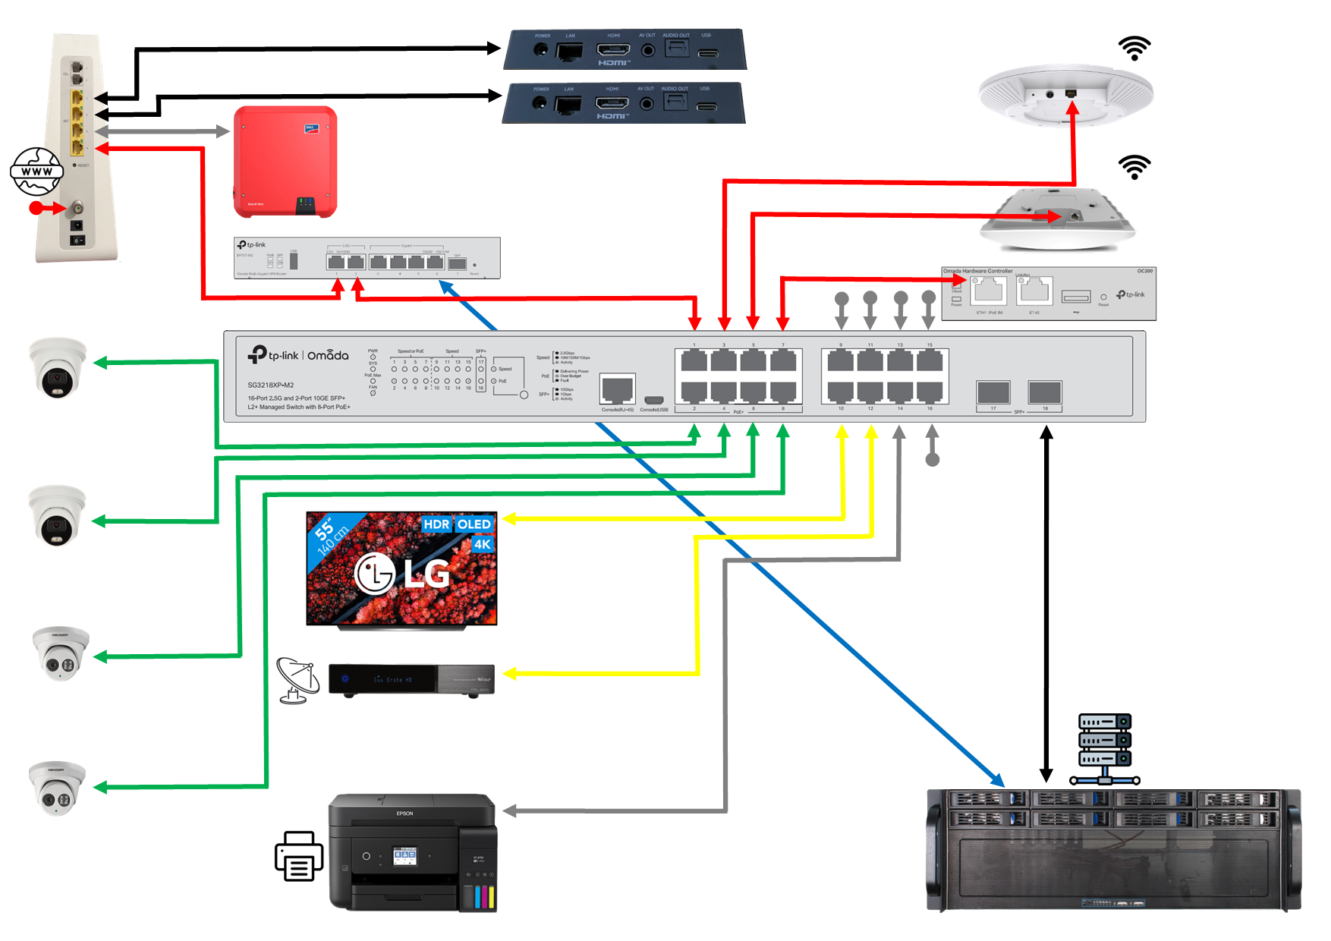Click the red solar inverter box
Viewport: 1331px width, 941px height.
click(285, 161)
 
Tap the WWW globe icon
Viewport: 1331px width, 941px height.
click(36, 172)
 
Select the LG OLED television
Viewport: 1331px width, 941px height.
click(401, 569)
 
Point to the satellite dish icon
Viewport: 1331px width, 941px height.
click(297, 680)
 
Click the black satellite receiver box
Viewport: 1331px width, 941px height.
click(411, 679)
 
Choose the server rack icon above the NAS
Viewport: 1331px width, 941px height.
click(1105, 748)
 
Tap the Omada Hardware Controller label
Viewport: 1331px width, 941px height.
click(977, 271)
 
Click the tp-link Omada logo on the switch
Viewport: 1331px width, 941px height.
click(298, 355)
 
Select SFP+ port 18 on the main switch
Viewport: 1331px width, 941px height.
click(1045, 392)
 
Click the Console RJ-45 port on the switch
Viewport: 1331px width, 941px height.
click(617, 389)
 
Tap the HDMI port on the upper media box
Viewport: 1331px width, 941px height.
click(613, 50)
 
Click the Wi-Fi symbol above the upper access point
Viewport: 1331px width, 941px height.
click(1134, 49)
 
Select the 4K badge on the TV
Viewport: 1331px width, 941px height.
click(483, 544)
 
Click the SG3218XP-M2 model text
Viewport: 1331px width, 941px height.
click(270, 385)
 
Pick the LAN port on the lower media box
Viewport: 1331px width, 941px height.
click(568, 104)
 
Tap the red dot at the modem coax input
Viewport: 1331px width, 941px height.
click(36, 208)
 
